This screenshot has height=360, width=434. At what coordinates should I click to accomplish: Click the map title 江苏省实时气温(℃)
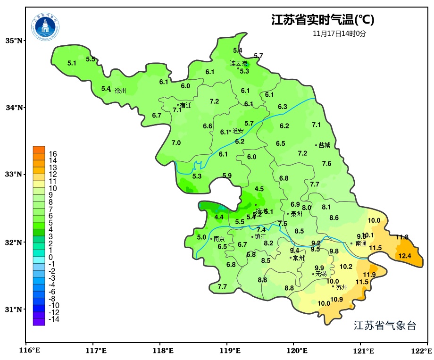323,20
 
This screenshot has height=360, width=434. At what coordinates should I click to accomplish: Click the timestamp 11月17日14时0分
339,33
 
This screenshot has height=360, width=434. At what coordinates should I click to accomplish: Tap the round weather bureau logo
46,27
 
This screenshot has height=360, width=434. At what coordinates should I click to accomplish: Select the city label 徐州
120,91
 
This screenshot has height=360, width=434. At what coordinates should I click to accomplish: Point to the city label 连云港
238,63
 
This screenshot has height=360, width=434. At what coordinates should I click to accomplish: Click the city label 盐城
325,145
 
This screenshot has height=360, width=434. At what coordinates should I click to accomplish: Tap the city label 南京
219,239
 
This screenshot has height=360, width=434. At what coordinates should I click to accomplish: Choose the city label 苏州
342,287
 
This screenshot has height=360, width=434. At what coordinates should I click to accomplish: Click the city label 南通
361,244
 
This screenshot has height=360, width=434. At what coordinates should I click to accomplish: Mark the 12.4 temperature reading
405,256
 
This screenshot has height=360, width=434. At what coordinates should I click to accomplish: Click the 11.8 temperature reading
402,237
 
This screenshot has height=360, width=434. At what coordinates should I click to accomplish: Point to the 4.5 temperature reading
259,189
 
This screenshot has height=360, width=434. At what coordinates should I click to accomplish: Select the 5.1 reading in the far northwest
72,63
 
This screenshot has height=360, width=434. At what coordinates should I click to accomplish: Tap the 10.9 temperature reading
336,299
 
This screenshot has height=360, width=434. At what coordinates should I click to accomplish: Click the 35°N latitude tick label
14,41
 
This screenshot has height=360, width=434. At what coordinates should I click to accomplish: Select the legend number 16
52,154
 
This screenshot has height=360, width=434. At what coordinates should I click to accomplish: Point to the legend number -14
54,319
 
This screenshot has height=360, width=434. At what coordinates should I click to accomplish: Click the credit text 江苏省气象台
384,326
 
